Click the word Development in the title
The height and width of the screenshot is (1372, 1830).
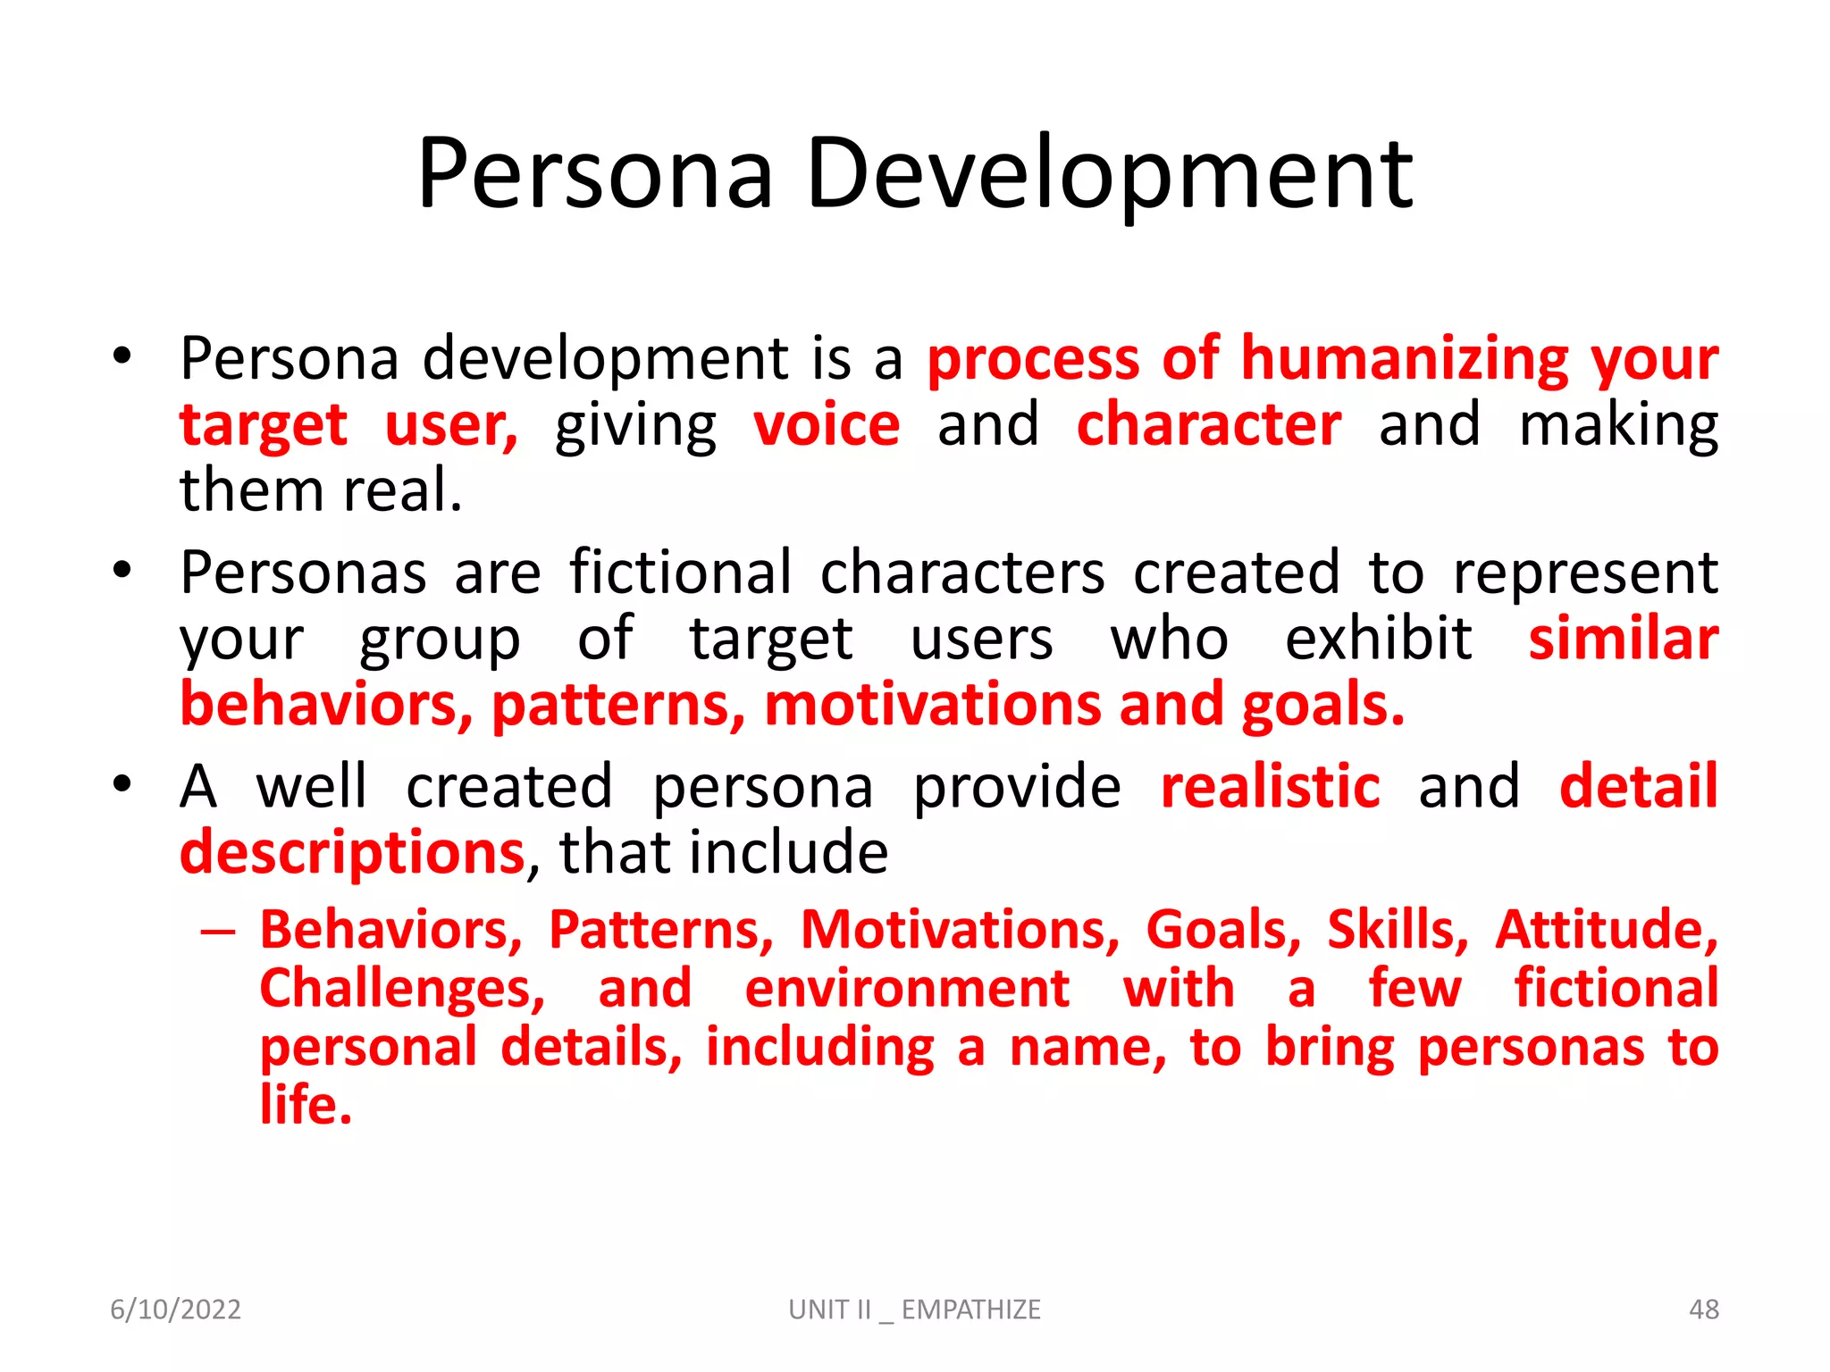coord(1110,175)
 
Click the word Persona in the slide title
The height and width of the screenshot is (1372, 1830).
coord(594,175)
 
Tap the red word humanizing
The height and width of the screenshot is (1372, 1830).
coord(1405,359)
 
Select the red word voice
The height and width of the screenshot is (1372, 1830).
coord(827,425)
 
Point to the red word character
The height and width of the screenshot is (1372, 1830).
coord(1209,425)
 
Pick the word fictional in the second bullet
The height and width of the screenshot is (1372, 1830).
coord(681,573)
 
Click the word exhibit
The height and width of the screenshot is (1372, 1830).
coord(1379,640)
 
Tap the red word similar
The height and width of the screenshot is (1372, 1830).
coord(1623,640)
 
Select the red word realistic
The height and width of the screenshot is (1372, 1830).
coord(1270,787)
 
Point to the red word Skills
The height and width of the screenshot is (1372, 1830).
coord(1397,930)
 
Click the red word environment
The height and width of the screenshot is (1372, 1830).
coord(907,989)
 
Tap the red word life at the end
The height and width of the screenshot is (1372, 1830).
coord(305,1106)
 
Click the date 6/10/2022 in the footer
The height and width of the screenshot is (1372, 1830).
coord(175,1309)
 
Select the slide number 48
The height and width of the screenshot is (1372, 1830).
coord(1703,1309)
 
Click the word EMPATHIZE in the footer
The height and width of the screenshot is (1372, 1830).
coord(970,1309)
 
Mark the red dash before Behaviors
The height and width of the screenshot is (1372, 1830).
coord(218,933)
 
